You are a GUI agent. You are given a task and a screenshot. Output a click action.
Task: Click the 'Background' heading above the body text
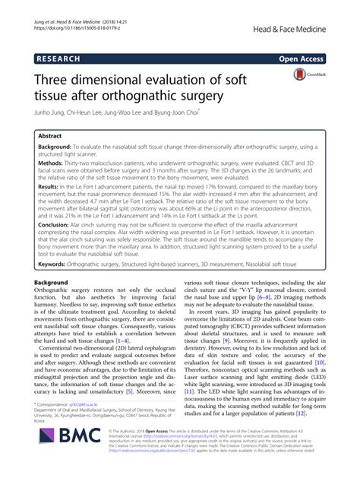tap(54, 280)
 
